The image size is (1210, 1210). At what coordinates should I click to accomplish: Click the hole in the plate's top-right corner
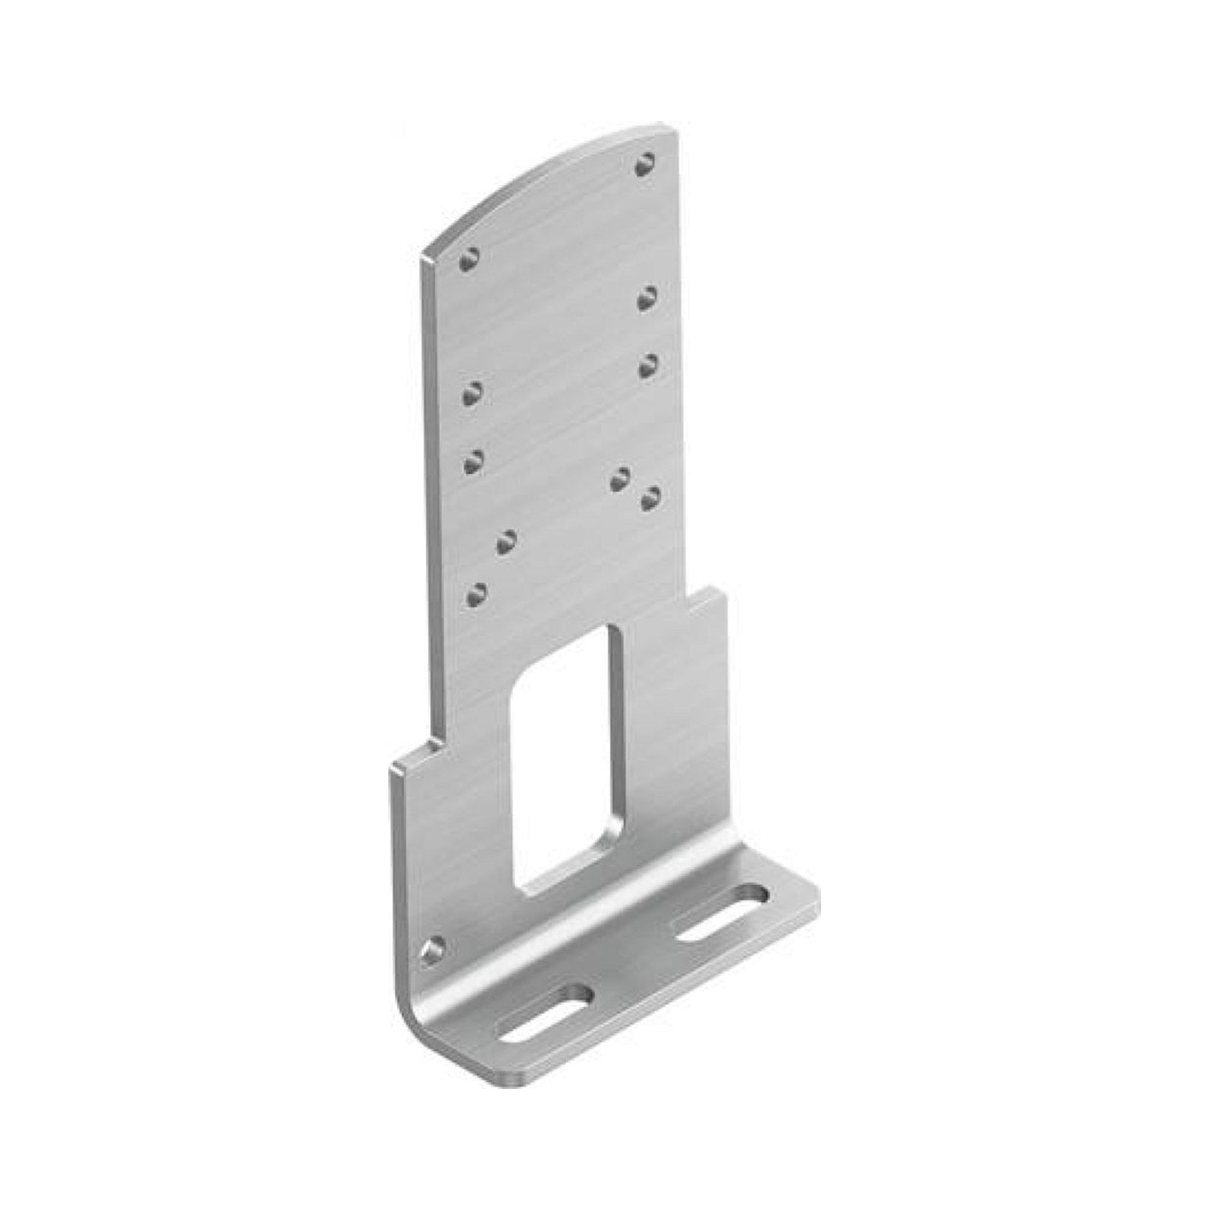point(646,165)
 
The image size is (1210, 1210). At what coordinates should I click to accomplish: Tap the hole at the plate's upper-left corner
point(469,259)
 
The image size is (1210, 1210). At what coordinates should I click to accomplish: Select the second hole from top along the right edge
point(647,298)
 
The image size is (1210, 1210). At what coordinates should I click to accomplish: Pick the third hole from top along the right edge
point(647,366)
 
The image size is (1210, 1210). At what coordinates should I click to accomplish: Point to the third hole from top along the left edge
point(474,463)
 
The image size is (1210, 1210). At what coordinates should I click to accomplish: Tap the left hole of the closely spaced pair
point(620,480)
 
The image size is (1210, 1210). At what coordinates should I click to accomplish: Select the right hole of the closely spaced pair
point(652,497)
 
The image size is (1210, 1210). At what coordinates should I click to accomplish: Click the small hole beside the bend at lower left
point(433,967)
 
